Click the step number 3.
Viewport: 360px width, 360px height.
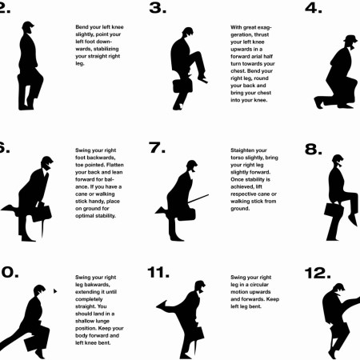tap(158, 8)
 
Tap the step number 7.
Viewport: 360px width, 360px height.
tap(157, 147)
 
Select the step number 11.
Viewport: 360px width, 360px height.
tap(158, 272)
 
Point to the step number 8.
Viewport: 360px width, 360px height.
tap(314, 149)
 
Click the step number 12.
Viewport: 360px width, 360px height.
tap(318, 273)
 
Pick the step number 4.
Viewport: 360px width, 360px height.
tap(314, 8)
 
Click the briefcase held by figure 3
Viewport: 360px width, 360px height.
tap(182, 86)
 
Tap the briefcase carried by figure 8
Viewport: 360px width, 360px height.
tap(334, 210)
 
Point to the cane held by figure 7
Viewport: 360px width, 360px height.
tap(198, 199)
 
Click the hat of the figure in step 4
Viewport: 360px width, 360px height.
tap(350, 38)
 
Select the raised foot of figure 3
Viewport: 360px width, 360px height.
tap(202, 79)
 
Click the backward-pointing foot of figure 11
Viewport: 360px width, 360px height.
tap(162, 306)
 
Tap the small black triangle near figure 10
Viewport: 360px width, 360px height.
tap(55, 291)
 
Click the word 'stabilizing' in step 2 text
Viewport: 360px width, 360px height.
tap(106, 49)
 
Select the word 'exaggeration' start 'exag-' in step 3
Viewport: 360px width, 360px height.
tap(264, 27)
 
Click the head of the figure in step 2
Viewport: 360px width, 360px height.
tap(28, 28)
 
